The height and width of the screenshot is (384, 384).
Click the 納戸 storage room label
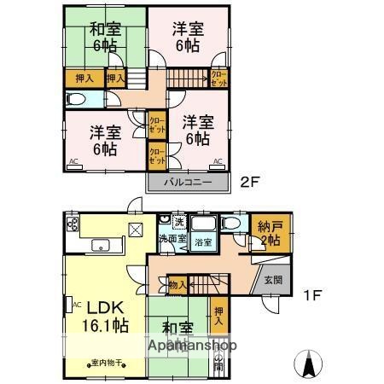coord(272,234)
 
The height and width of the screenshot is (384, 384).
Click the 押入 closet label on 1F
coord(219,317)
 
